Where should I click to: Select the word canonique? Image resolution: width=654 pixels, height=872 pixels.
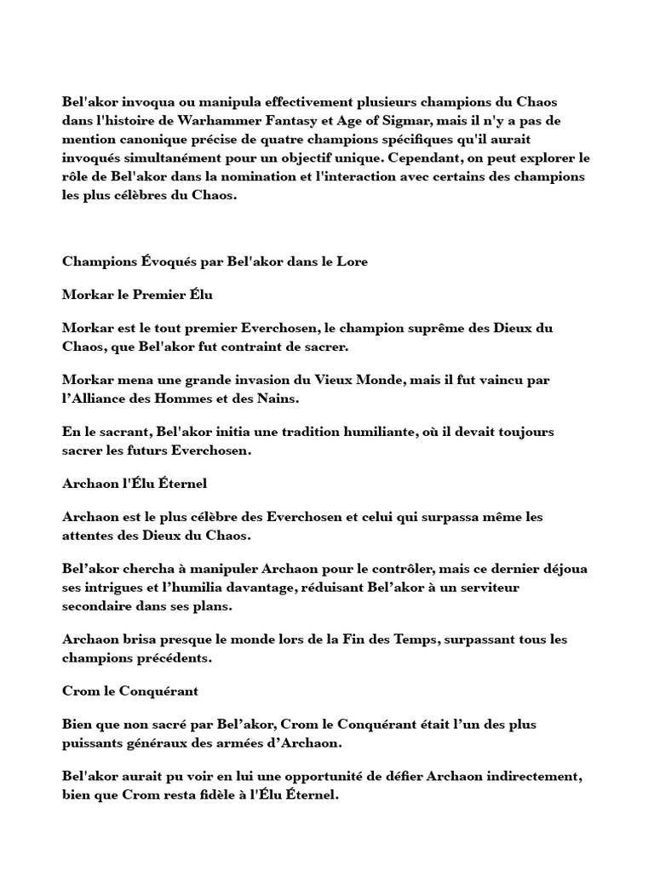[x=153, y=140]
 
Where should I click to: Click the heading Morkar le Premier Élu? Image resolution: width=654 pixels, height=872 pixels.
[x=137, y=295]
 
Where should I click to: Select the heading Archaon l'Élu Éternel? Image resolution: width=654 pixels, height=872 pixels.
[x=135, y=484]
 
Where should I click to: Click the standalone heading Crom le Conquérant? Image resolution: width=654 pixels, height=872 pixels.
[x=130, y=691]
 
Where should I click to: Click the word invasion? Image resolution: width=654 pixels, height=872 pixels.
[x=257, y=380]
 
